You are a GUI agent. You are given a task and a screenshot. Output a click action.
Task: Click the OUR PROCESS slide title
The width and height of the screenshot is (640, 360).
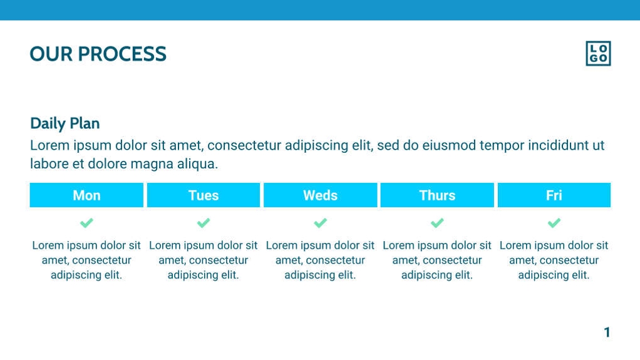click(98, 54)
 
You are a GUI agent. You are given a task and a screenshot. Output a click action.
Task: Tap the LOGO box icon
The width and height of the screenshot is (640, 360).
click(598, 53)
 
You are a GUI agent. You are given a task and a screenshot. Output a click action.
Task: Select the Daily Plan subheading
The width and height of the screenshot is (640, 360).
click(65, 123)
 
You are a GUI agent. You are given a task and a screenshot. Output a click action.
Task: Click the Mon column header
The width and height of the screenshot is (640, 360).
click(86, 195)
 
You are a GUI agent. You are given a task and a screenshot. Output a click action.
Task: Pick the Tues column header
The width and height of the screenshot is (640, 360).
click(204, 195)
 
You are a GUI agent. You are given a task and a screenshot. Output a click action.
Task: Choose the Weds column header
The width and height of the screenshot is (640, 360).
click(321, 195)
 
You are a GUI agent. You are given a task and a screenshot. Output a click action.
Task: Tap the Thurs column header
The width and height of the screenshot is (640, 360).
click(437, 195)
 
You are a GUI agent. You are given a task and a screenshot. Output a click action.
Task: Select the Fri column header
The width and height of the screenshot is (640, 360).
click(554, 195)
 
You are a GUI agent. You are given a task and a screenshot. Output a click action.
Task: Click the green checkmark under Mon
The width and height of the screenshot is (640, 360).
click(86, 223)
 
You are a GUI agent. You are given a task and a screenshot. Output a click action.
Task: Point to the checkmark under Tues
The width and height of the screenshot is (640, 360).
click(204, 223)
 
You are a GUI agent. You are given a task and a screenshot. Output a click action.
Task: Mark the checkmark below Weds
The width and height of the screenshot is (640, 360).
click(321, 223)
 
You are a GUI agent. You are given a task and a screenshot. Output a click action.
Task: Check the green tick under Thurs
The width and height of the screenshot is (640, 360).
click(437, 223)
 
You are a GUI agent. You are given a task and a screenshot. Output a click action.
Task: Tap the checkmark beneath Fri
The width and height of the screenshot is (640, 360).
click(554, 223)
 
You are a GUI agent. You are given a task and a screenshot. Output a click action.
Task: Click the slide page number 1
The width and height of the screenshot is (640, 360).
click(607, 332)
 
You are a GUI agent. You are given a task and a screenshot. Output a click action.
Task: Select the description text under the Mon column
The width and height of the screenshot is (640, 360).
click(86, 260)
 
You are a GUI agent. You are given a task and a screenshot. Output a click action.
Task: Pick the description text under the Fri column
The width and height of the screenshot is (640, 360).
click(554, 260)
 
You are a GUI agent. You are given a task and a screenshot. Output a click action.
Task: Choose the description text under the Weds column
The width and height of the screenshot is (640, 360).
click(321, 260)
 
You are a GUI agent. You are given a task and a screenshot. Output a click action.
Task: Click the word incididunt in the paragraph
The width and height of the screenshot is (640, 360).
click(558, 145)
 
